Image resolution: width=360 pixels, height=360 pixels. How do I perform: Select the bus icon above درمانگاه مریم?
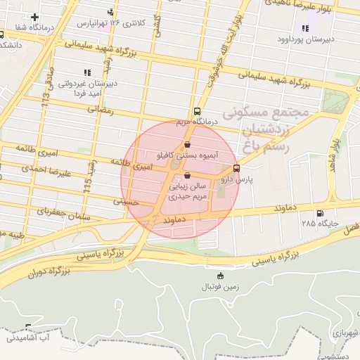point(197,111)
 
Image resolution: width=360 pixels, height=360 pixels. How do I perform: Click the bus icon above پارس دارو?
point(236,168)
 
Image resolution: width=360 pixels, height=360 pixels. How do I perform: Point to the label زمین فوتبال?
point(221,286)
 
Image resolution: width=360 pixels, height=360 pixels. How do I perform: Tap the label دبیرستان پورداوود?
point(305,40)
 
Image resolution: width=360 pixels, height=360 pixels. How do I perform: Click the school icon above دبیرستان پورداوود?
point(305,29)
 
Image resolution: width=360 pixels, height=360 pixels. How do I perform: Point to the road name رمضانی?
point(99,110)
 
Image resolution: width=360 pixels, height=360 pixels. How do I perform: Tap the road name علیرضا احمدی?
point(39,168)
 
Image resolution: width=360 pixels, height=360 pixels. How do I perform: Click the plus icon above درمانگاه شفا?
point(34,16)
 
